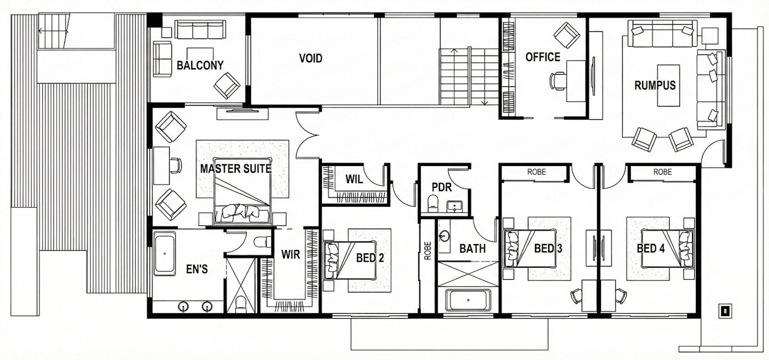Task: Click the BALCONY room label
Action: (200, 65)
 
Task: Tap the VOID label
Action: (310, 58)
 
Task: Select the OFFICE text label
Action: (543, 57)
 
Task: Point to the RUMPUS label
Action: (655, 85)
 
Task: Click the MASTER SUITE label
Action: (236, 169)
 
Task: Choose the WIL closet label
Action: (354, 179)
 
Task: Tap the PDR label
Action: (441, 187)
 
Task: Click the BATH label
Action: (472, 248)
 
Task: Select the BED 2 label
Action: (370, 257)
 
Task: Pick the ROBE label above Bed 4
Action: (662, 172)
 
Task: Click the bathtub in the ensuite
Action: (165, 253)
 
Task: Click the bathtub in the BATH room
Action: (468, 301)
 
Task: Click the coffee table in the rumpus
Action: (668, 87)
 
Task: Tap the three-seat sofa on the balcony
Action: (200, 30)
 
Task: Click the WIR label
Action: (290, 255)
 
